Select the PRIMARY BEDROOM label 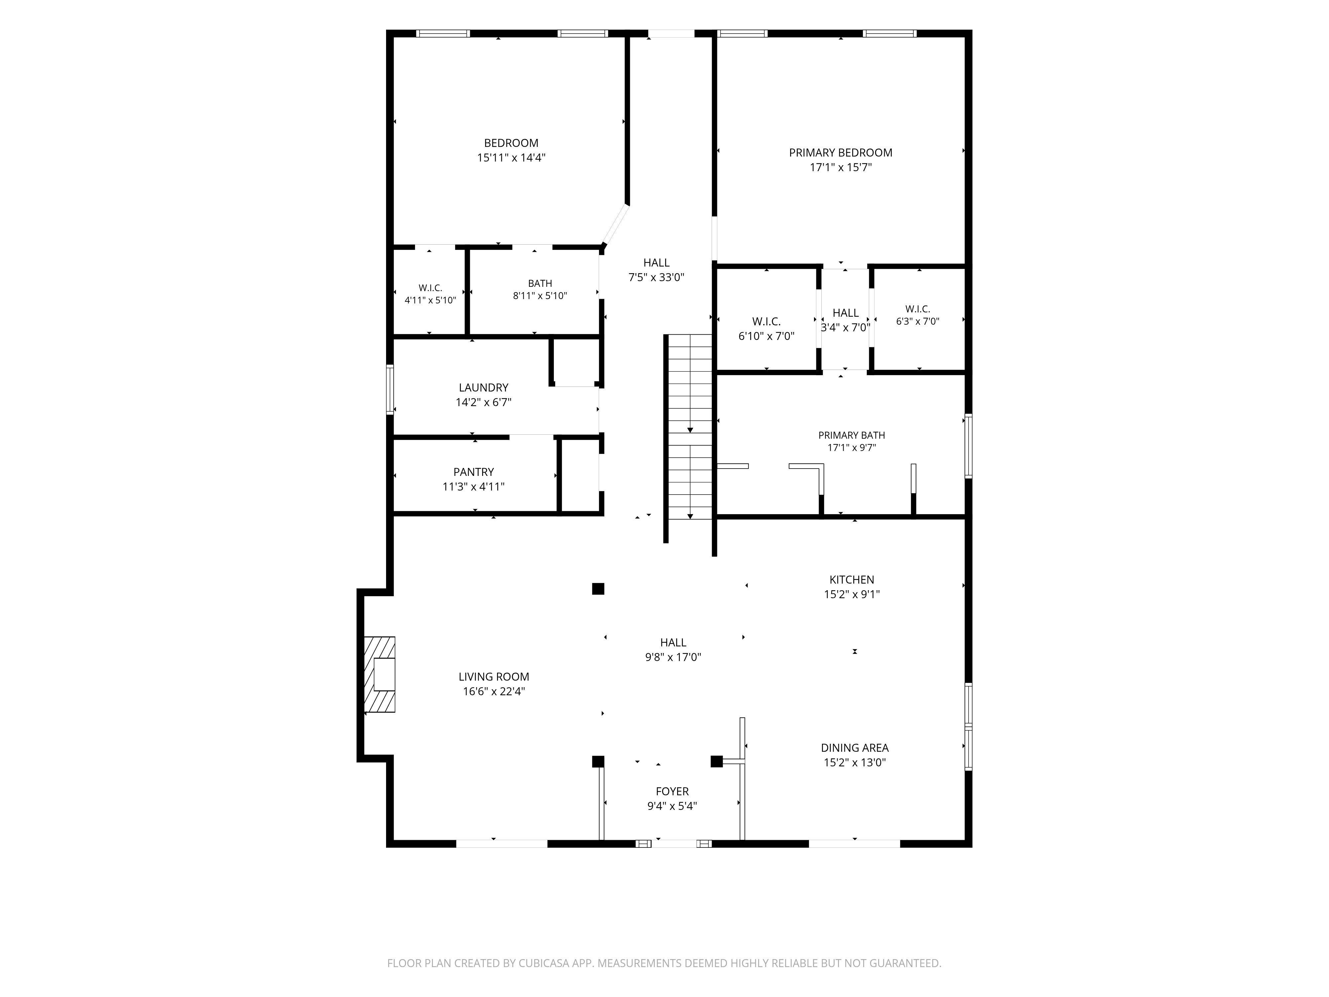[841, 153]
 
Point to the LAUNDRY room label [484, 388]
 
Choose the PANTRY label [473, 472]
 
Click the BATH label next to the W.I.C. [540, 283]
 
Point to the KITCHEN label [852, 580]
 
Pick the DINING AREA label [855, 748]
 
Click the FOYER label [672, 792]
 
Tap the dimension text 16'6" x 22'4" [494, 692]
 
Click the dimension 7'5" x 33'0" [657, 277]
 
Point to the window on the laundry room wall [390, 389]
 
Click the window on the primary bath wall [969, 446]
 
